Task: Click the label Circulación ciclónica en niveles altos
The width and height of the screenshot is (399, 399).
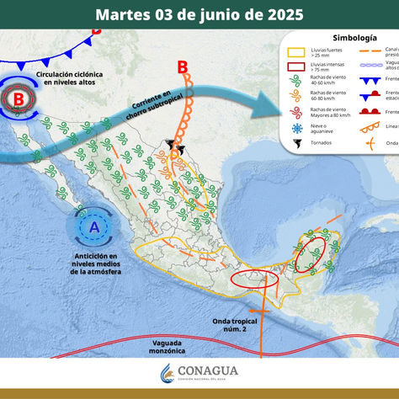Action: pos(71,79)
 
